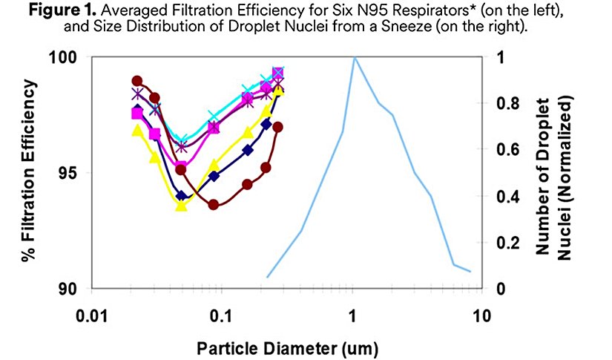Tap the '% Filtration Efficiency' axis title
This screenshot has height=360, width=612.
(x=30, y=172)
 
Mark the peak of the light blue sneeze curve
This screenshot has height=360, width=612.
(x=355, y=57)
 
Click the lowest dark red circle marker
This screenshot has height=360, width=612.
(x=214, y=204)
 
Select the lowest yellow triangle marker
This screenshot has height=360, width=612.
(x=181, y=206)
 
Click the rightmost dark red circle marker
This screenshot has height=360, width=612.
(x=277, y=127)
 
